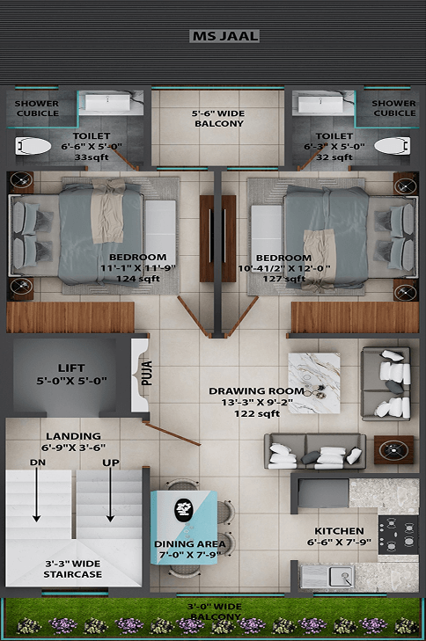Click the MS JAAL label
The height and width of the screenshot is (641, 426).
click(225, 36)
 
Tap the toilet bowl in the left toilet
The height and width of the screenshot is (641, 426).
click(33, 146)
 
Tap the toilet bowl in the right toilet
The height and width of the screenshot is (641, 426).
click(392, 146)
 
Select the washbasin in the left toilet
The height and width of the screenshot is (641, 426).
click(107, 103)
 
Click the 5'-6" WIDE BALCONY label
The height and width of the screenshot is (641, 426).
click(218, 118)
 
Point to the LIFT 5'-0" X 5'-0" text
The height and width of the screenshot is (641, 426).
click(71, 374)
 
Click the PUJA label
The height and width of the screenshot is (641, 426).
click(146, 373)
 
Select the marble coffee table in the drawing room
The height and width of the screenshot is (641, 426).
click(314, 383)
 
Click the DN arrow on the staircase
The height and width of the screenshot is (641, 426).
click(36, 495)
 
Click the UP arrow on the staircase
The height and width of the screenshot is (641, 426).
click(110, 495)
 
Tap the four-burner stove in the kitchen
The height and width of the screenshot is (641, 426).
click(398, 535)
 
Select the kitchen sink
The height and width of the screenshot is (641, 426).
click(342, 577)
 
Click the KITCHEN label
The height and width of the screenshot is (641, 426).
click(339, 531)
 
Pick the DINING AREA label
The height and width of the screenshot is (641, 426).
click(190, 544)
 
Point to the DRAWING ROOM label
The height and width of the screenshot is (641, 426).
click(257, 391)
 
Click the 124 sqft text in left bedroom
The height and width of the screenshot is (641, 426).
click(138, 279)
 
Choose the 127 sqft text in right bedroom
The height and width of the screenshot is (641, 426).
click(284, 279)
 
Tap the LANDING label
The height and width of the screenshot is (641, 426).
click(73, 436)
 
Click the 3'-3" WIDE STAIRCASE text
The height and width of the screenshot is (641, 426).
click(73, 569)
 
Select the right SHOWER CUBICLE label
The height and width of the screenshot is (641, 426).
click(394, 108)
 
